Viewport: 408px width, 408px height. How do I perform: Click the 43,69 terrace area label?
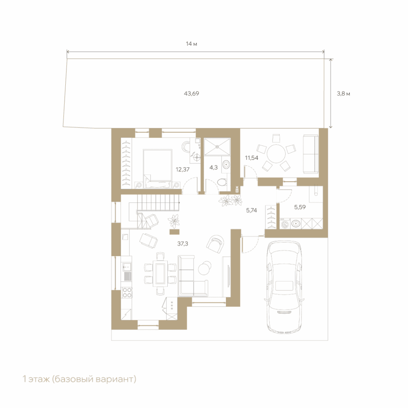191,93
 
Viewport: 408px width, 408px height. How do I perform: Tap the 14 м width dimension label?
191,44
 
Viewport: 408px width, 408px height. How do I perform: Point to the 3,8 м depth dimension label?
343,94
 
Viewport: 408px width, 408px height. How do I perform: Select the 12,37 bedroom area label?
182,169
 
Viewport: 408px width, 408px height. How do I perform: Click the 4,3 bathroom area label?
214,168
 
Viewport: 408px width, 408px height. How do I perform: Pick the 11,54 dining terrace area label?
251,158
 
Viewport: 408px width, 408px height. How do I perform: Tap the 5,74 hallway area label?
251,210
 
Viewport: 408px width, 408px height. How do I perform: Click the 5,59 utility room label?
300,207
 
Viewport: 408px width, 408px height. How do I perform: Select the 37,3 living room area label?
182,244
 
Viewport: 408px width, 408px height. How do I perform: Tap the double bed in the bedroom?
157,168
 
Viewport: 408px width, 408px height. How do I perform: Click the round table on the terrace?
276,154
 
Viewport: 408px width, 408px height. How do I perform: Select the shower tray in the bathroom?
217,147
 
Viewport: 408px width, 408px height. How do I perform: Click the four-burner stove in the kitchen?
127,292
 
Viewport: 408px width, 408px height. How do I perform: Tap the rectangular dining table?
160,273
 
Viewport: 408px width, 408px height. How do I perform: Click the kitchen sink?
127,267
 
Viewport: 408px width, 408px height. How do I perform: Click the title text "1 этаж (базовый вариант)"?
79,379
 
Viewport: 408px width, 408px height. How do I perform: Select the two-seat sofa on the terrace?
311,154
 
